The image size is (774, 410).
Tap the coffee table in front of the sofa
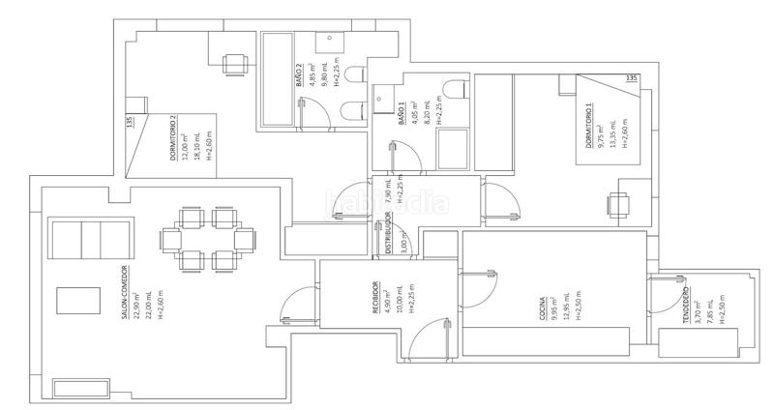76,301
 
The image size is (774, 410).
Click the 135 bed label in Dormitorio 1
633,77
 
